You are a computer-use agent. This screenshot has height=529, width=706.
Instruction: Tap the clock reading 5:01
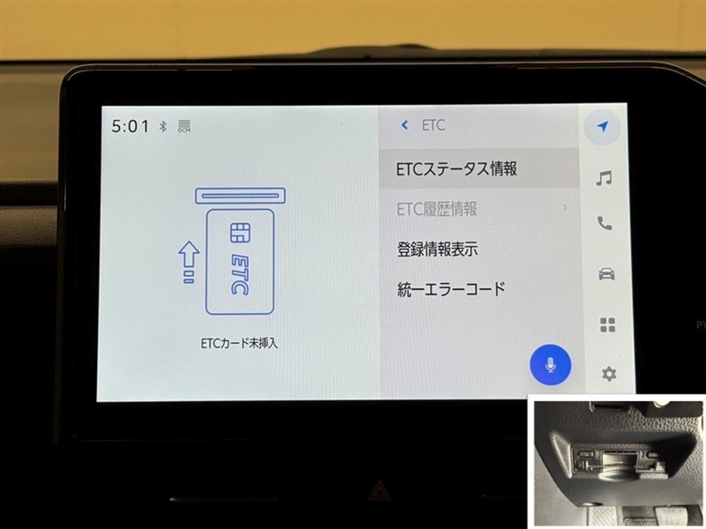pos(130,126)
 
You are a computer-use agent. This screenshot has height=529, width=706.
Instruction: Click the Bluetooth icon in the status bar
pos(163,126)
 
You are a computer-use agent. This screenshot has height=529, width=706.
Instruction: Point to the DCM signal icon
pos(184,126)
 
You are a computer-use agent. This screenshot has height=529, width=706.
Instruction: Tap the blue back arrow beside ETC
pos(404,125)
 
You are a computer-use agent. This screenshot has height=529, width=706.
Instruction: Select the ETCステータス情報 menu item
pos(456,168)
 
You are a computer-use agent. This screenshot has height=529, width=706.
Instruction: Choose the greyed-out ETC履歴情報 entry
pos(436,209)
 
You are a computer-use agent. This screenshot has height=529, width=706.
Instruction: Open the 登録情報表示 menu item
pos(437,250)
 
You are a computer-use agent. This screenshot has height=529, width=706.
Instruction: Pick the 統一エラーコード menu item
pos(451,289)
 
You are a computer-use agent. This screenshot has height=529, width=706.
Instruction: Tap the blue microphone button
pos(550,365)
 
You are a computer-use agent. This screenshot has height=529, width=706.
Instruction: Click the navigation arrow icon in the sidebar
pos(603,127)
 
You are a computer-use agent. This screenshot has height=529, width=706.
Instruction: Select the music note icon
pos(604,178)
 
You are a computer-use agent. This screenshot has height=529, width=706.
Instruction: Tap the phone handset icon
pos(605,223)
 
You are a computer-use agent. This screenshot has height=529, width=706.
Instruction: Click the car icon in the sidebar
pos(606,273)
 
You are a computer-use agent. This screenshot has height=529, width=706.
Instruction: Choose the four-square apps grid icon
pos(607,324)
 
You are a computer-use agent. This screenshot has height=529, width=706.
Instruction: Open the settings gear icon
pos(609,373)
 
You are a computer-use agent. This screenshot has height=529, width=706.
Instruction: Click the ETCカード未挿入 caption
pos(239,344)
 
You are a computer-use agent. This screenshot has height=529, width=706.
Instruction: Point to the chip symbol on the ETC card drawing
pos(240,233)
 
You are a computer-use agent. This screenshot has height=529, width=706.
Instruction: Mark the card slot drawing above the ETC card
pos(240,196)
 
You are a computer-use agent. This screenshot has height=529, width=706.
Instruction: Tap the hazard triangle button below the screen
pos(379,490)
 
